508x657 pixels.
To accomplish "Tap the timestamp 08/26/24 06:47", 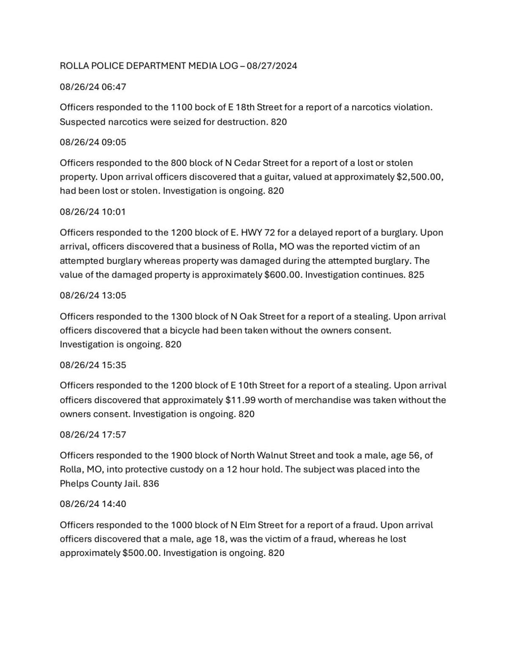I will (93, 87).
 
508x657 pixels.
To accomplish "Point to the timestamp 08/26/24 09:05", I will (93, 142).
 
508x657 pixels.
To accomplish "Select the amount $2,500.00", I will (420, 177).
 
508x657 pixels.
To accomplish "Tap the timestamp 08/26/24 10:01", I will (93, 212).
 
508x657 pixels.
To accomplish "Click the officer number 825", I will (416, 275).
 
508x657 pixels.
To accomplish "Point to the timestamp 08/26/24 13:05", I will (93, 296).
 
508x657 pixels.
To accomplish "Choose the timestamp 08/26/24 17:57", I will (93, 435).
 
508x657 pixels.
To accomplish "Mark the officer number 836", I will (151, 484).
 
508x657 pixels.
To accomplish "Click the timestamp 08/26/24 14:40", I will (93, 504).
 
